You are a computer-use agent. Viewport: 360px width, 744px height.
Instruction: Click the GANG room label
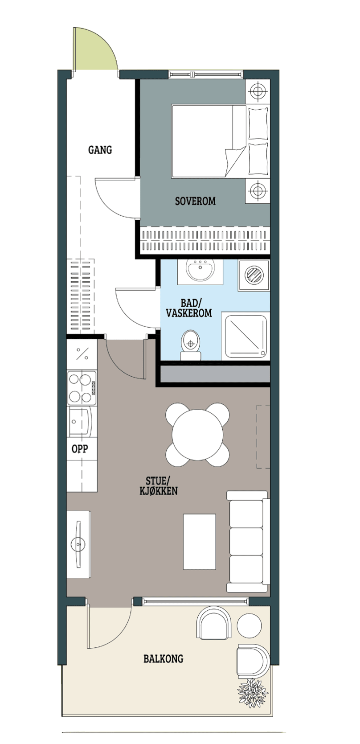100,150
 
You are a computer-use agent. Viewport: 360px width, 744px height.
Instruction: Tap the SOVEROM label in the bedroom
195,201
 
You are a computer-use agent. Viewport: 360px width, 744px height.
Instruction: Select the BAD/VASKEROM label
189,308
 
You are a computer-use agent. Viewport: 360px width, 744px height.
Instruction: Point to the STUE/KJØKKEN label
159,486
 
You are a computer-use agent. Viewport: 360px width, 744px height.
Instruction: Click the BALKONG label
164,659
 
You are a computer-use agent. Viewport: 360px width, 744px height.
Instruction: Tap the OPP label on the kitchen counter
80,449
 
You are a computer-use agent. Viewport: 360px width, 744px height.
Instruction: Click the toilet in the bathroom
191,345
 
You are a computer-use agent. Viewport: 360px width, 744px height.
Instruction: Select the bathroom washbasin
200,271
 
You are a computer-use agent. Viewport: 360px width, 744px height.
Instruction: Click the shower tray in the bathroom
246,336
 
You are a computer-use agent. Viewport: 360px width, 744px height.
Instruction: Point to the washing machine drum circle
254,275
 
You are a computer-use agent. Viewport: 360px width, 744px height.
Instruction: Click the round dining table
198,435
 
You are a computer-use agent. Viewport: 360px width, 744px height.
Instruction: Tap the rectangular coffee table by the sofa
200,542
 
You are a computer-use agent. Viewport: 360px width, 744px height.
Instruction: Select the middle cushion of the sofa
246,541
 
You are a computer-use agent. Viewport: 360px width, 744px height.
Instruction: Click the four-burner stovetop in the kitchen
82,388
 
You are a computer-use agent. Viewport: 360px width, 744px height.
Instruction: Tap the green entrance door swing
95,49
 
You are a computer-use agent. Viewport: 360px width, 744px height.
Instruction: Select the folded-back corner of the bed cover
236,162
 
